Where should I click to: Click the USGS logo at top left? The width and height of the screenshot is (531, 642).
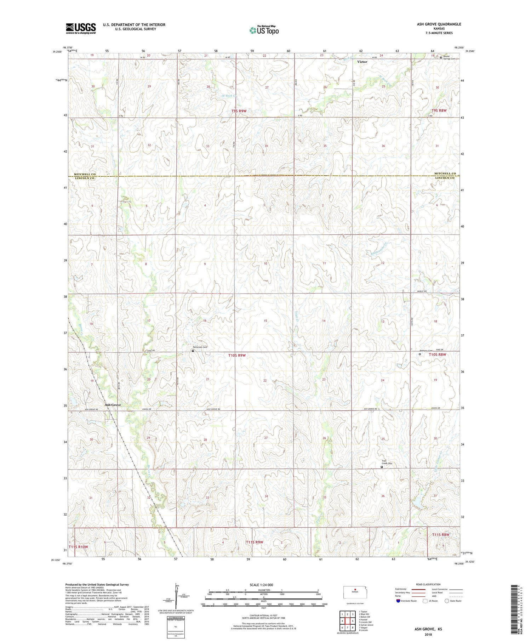[81, 28]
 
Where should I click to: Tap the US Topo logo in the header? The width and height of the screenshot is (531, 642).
[264, 30]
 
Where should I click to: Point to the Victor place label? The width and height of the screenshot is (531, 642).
[362, 62]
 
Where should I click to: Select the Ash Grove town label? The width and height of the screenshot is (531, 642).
[113, 405]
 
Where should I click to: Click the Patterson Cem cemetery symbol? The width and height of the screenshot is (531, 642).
[193, 351]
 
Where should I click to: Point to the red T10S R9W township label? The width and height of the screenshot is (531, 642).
[237, 355]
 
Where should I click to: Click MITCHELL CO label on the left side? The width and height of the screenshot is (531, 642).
[85, 174]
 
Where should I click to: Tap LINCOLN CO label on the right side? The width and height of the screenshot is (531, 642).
[445, 178]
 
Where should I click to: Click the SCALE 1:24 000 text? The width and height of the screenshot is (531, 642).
[263, 585]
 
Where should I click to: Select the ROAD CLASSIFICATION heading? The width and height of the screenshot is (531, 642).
[428, 584]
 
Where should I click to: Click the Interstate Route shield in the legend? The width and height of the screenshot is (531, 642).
[398, 601]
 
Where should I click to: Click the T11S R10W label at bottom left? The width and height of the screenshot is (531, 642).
[78, 547]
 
